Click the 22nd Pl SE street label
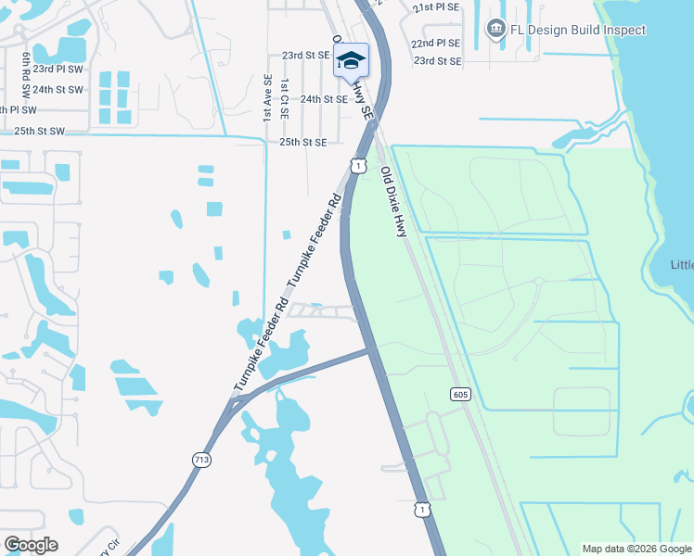tap(436, 44)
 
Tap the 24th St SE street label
tap(324, 99)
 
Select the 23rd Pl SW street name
tap(58, 69)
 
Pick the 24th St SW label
tap(58, 90)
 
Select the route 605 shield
tap(460, 394)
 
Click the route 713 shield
tap(200, 460)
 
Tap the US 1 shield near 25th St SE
tap(357, 164)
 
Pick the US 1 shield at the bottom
tap(422, 510)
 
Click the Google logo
tap(31, 544)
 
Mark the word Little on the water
tap(682, 265)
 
